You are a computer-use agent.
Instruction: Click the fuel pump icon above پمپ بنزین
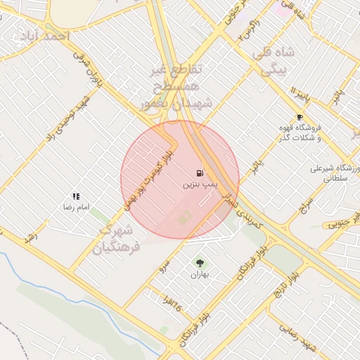[200, 173]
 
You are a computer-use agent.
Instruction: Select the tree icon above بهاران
[199, 262]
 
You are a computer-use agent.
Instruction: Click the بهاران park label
[199, 274]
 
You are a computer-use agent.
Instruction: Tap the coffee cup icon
[300, 117]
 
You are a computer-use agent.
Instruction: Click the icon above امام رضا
[76, 197]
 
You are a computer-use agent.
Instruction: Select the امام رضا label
[75, 209]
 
